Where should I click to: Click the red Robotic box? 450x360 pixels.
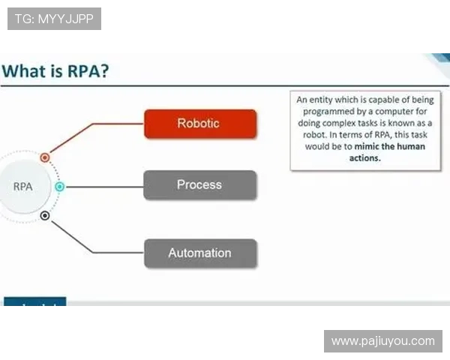click(x=200, y=124)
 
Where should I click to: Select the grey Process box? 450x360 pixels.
click(x=200, y=185)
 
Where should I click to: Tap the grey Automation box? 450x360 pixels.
click(x=200, y=253)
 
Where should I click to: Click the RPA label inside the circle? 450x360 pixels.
click(x=23, y=187)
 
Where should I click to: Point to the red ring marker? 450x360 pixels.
click(x=45, y=157)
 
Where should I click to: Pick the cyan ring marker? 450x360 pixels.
click(x=60, y=187)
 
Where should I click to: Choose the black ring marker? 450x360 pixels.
click(x=45, y=215)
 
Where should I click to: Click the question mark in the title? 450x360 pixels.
click(x=104, y=71)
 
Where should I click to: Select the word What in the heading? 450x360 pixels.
click(x=24, y=71)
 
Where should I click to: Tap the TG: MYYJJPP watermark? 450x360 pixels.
click(x=54, y=19)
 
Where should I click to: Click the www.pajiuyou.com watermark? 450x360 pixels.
click(x=383, y=341)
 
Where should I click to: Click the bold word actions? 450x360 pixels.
click(x=365, y=158)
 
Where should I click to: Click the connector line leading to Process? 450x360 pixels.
click(x=105, y=187)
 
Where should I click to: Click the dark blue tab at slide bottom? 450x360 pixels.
click(x=35, y=301)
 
